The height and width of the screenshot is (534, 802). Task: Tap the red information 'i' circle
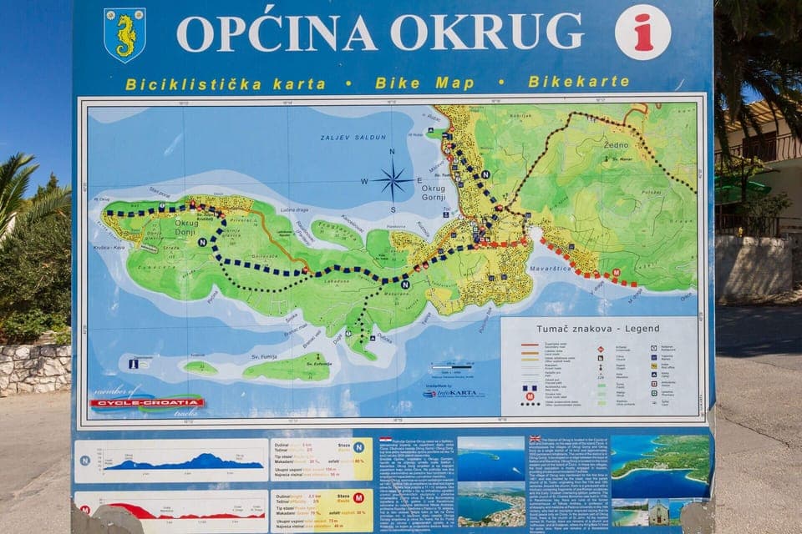point(642,33)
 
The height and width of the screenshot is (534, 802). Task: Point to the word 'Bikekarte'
point(579,82)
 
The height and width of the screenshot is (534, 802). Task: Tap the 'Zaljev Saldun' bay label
point(343,138)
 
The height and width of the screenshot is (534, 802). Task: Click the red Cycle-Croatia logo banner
point(146,403)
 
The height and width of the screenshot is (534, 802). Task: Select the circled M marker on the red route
point(617,273)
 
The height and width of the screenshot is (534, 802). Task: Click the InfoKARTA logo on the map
point(454,392)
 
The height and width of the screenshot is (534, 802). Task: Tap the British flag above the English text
point(536,440)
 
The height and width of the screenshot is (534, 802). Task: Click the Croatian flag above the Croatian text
point(385,440)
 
